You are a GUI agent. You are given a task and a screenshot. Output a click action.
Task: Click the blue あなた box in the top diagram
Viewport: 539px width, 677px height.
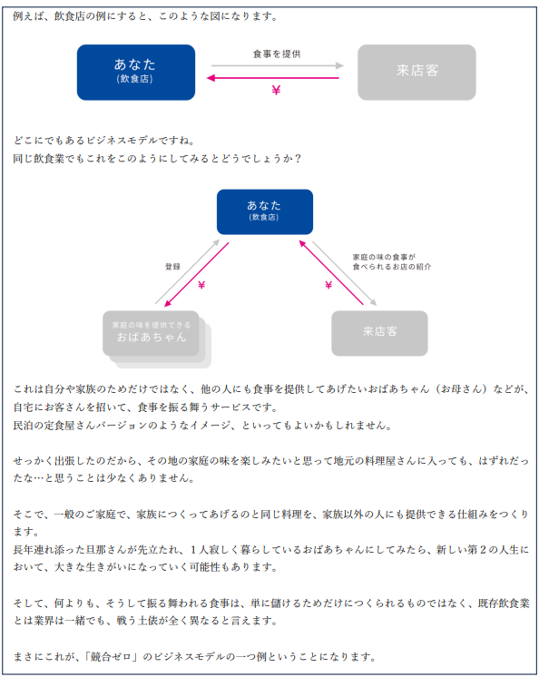coord(136,72)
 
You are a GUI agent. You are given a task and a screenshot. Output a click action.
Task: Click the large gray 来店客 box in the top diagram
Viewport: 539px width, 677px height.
coord(416,72)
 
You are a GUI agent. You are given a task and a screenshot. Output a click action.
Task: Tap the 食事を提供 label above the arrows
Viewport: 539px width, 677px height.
coord(277,54)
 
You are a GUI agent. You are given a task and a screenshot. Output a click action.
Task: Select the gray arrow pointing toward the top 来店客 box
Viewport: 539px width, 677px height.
coord(278,65)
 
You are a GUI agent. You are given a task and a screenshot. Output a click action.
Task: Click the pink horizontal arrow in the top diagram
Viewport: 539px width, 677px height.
coord(273,78)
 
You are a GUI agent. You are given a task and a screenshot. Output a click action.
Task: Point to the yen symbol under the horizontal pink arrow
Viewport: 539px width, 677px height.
coord(276,90)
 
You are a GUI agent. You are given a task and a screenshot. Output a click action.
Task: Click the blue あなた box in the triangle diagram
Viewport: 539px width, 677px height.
coord(265,211)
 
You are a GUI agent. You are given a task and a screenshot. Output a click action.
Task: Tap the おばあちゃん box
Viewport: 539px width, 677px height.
coord(151,333)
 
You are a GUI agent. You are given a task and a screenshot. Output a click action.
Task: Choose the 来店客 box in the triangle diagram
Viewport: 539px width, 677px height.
coord(379,333)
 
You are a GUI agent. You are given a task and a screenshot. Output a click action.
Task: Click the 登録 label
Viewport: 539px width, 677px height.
coord(172,267)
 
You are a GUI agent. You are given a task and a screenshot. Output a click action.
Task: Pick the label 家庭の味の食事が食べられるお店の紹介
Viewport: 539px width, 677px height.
coord(391,261)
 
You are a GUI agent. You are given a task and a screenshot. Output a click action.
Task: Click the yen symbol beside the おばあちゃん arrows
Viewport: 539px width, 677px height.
coord(201,285)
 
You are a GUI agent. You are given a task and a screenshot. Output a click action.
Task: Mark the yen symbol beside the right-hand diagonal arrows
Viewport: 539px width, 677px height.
coord(328,285)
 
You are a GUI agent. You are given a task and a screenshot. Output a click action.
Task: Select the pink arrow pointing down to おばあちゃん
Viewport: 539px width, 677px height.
coord(197,275)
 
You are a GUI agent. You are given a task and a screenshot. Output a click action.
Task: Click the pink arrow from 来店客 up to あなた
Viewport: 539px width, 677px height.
coord(331,272)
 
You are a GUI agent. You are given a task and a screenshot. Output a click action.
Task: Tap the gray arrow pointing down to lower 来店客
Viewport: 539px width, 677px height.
coord(345,274)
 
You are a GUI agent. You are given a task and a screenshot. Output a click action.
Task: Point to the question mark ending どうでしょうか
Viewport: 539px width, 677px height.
coord(297,159)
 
